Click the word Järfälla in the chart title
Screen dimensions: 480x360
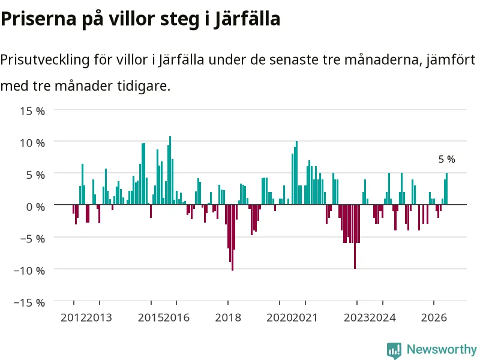247,19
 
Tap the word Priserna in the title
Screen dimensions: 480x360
38,19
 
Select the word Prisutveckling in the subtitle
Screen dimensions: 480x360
45,59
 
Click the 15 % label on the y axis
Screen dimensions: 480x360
32,111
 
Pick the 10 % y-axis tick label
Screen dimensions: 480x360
32,143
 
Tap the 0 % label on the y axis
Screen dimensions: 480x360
35,206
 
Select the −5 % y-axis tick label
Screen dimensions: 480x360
32,238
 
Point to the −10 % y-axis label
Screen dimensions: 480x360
29,271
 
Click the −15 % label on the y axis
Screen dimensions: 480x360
29,302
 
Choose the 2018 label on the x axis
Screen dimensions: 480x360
228,317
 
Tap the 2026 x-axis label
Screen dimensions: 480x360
434,317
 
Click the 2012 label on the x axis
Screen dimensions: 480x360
73,317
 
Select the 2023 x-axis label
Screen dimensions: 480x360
356,317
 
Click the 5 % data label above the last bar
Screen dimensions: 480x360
446,159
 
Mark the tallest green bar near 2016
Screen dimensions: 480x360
170,170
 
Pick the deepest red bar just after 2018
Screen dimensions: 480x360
233,238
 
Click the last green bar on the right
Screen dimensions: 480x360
446,188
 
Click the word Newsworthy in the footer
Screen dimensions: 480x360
442,349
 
